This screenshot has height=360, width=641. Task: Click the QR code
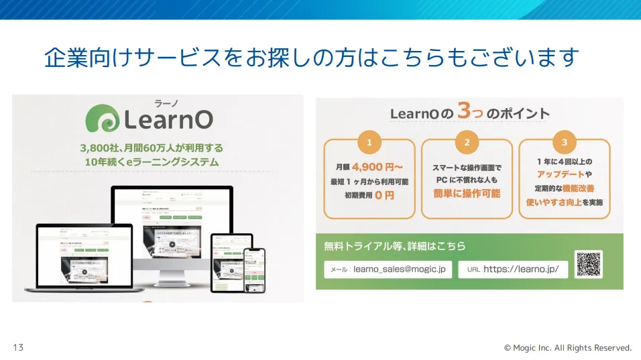(x=588, y=264)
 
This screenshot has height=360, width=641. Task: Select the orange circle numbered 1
(x=369, y=142)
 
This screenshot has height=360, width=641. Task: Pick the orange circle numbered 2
(x=467, y=142)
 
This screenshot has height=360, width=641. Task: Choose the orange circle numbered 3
(x=565, y=142)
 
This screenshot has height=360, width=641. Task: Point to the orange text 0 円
(x=384, y=195)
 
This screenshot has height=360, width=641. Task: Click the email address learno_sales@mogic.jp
(x=398, y=269)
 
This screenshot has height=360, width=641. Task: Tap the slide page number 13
(x=18, y=347)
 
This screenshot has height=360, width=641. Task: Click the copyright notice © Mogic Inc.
(x=567, y=348)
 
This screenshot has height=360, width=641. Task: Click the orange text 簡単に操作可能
(x=467, y=194)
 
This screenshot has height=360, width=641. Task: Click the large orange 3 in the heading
(x=464, y=111)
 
